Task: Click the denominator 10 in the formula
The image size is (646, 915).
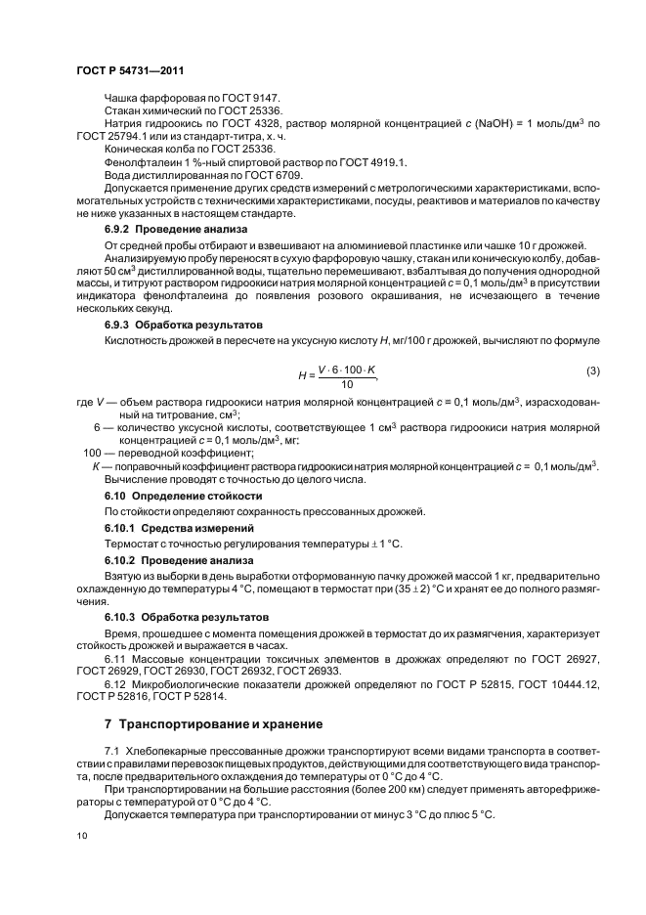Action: pyautogui.click(x=345, y=385)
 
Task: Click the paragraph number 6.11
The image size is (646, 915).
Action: pyautogui.click(x=115, y=662)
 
